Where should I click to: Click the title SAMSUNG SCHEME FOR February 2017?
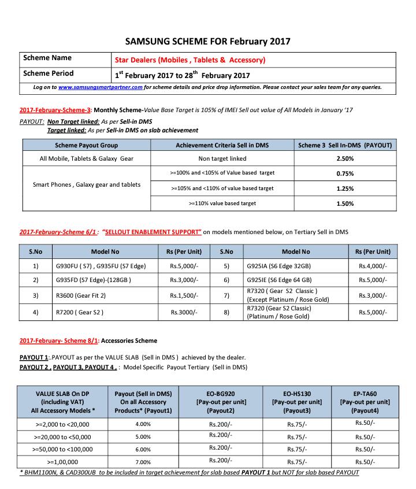208,41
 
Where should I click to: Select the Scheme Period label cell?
49,74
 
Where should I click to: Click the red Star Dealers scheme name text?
190,60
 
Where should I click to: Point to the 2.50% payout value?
345,158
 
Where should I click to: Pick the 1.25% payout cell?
345,188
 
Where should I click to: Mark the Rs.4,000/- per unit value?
373,266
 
